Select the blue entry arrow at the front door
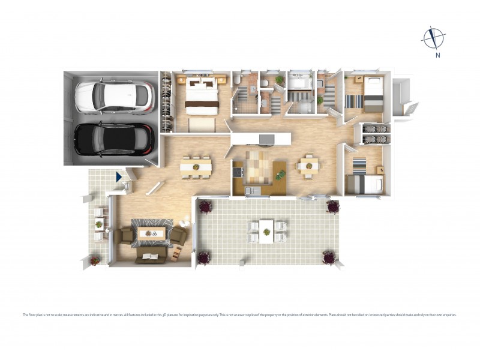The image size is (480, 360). [x=119, y=177]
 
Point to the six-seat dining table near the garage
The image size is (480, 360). [x=196, y=166]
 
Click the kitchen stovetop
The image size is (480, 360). [x=238, y=171]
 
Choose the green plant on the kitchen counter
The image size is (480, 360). [x=280, y=175]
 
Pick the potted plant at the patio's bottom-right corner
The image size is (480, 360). [x=329, y=257]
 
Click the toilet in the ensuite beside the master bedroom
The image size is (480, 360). [x=238, y=80]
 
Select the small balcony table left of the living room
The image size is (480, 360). [x=99, y=225]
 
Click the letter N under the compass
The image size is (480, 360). [x=438, y=56]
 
